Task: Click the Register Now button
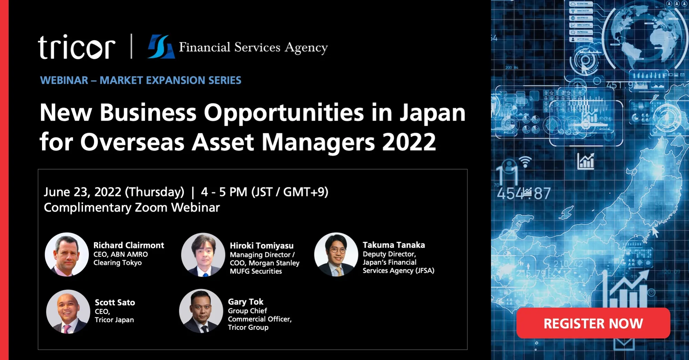pos(593,323)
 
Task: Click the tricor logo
pos(76,47)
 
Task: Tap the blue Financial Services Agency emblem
pos(161,47)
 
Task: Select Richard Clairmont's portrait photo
pos(67,254)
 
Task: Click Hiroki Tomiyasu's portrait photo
pos(203,255)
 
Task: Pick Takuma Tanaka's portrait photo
pos(336,254)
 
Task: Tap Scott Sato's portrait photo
pos(68,311)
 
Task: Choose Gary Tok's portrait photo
pos(201,311)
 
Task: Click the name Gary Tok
pos(246,302)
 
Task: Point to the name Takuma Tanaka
pos(394,245)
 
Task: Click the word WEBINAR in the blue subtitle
pos(64,80)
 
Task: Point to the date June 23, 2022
pos(83,192)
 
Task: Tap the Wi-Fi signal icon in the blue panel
pos(525,161)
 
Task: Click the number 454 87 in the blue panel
pos(524,193)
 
